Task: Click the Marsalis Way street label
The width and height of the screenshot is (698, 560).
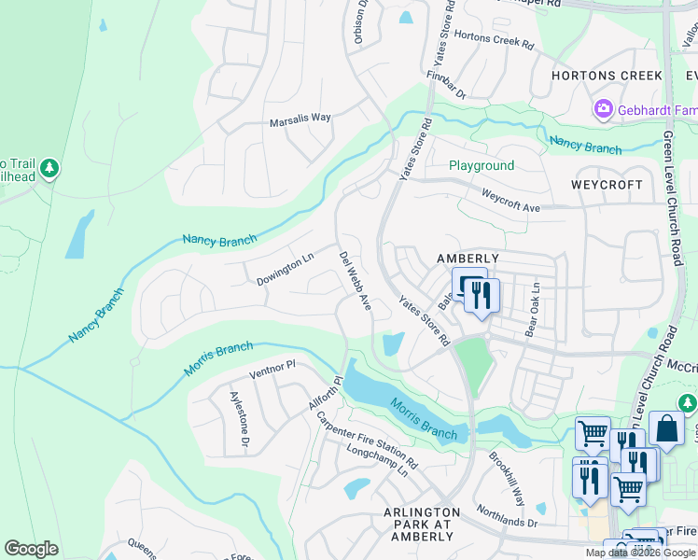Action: [300, 119]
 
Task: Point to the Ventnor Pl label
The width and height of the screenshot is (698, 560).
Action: [272, 366]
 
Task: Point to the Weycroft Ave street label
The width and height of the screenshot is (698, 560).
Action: [510, 201]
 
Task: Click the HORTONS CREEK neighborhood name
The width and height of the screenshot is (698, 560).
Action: [607, 76]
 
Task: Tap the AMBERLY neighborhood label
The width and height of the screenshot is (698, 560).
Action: [468, 259]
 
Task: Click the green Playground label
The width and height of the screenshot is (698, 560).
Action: [482, 166]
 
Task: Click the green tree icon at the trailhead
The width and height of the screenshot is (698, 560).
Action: [49, 169]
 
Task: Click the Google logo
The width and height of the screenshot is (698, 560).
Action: [32, 549]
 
